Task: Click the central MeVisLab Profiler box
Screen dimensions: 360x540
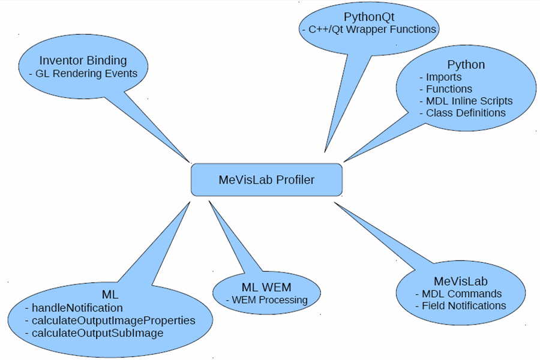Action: tap(266, 179)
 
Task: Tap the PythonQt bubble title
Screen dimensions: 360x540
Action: tap(368, 16)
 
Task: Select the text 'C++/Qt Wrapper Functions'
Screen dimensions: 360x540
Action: tap(372, 29)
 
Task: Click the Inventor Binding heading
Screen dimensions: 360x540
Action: tap(83, 60)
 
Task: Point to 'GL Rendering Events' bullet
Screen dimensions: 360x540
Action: tap(86, 74)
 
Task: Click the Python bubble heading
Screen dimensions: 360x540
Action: tap(466, 65)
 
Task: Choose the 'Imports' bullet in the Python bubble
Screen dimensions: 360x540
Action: tap(443, 77)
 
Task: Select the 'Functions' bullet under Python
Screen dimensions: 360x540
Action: tap(449, 89)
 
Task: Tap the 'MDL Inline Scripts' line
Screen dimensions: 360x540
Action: tap(469, 101)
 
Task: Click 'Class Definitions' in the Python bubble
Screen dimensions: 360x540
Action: tap(466, 113)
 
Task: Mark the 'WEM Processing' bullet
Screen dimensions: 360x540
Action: tap(269, 300)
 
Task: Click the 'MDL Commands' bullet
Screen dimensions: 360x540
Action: tap(461, 294)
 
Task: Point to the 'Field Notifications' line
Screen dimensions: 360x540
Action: tap(464, 306)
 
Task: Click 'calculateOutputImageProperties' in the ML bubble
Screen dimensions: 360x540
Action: tap(113, 320)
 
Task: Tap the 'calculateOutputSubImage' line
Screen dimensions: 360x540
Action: tap(97, 333)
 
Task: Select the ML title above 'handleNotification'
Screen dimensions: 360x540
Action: tap(110, 295)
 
